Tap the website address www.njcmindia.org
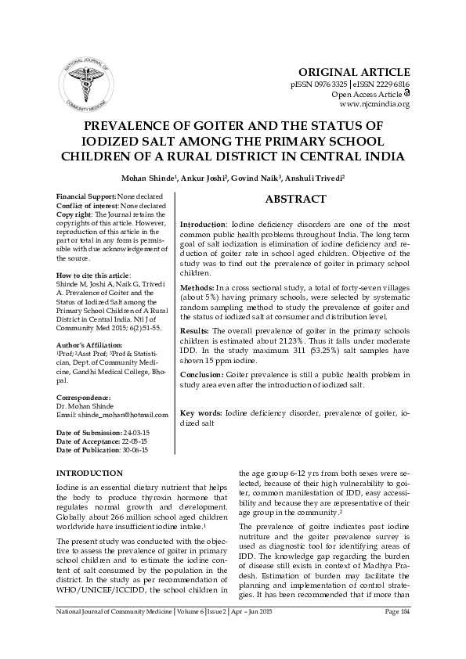[374, 103]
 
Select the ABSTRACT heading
[295, 200]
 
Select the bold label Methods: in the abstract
[198, 289]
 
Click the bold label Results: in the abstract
[197, 332]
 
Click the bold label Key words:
[200, 412]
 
